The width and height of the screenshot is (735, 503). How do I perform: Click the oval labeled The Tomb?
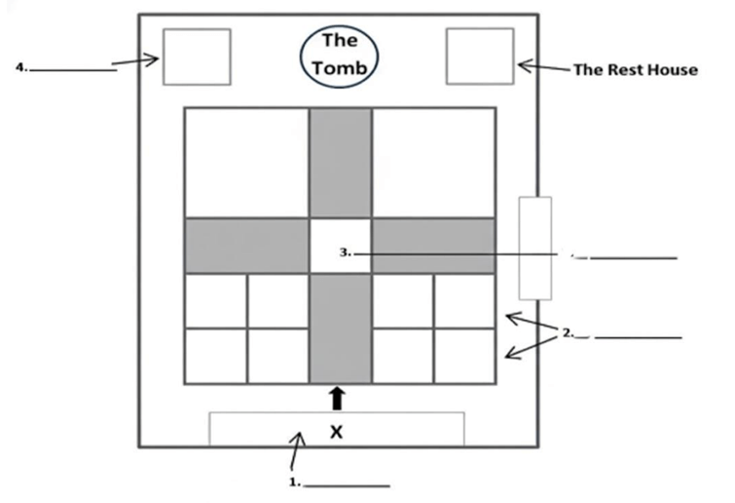coord(340,56)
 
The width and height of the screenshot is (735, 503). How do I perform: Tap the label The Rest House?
coord(635,70)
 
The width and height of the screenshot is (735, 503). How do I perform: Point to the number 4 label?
coord(22,68)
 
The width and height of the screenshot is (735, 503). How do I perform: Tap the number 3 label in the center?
coord(345,252)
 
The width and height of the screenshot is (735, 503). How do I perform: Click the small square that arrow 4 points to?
coord(197,58)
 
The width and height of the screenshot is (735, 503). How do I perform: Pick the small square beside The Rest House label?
coord(479,57)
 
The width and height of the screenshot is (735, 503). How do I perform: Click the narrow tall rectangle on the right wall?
coord(535,248)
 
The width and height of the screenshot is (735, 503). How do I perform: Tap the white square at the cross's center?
coord(340,246)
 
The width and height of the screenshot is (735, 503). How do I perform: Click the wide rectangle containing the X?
coord(337,429)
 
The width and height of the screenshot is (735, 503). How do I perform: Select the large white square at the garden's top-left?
coord(246,163)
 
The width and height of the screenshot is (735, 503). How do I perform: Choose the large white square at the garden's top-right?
coord(433,163)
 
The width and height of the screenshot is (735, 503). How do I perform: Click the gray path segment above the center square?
coord(340,163)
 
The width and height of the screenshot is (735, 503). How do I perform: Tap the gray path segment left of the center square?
coord(246,246)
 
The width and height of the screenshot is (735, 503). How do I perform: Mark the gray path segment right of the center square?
coord(433,246)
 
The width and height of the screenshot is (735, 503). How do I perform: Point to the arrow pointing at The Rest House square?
coord(540,68)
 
